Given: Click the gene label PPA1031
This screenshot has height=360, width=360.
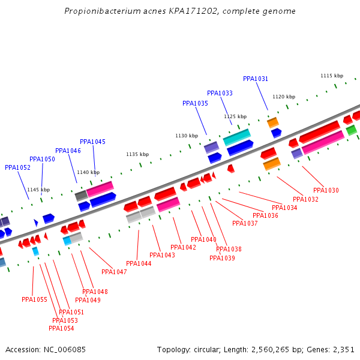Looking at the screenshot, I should (x=256, y=79).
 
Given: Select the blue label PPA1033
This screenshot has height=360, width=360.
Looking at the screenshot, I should (x=220, y=94).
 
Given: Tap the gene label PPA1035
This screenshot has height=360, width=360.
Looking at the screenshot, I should (x=195, y=104).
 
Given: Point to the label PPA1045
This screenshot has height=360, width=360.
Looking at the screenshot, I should (x=92, y=142).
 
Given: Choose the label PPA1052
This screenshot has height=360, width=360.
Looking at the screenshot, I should (x=17, y=168).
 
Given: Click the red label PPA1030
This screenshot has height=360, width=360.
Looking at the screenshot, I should (x=326, y=191).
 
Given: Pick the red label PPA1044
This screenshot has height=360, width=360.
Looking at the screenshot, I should (x=139, y=264).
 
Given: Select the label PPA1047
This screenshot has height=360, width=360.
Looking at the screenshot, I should (x=114, y=272).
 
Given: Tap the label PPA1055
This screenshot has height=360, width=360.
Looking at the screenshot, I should (x=34, y=300).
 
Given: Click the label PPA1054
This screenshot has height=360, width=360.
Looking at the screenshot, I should (x=61, y=329).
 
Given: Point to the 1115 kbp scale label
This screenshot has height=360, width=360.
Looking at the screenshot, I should (x=332, y=76).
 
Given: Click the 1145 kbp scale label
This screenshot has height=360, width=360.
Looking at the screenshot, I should (x=38, y=190).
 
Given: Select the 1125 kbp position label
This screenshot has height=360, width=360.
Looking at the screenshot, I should (x=235, y=117).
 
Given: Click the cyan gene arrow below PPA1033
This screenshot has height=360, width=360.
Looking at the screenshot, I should (x=236, y=137).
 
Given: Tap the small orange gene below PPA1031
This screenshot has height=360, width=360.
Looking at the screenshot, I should (x=272, y=122).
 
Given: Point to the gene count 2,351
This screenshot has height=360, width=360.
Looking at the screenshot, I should (x=343, y=349).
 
